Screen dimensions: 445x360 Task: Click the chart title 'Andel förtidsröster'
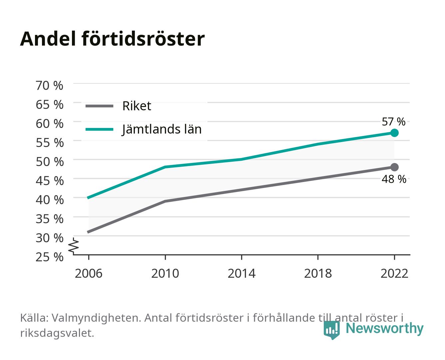tap(112, 39)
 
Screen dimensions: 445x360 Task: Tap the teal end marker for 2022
tap(394, 133)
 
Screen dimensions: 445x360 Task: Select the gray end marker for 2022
tap(394, 167)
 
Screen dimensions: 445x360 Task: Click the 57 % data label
tap(393, 122)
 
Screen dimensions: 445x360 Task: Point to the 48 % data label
tap(394, 179)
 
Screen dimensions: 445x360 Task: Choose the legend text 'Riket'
tap(137, 106)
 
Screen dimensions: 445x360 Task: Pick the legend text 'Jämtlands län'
tap(162, 129)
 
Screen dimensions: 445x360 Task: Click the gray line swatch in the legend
tap(100, 106)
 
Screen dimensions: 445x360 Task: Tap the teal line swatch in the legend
tap(100, 129)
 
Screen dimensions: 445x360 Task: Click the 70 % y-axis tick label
tap(49, 86)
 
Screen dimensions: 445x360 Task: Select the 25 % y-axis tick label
tap(49, 257)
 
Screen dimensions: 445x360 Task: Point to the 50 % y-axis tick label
tap(50, 162)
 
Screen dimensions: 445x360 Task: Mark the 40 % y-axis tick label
tap(50, 200)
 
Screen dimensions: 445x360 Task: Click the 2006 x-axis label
tap(89, 273)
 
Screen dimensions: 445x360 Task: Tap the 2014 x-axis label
tap(241, 273)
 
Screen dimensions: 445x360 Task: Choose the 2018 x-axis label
tap(318, 273)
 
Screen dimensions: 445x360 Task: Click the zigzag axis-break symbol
tap(74, 246)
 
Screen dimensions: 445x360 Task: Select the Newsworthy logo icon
tap(331, 330)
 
